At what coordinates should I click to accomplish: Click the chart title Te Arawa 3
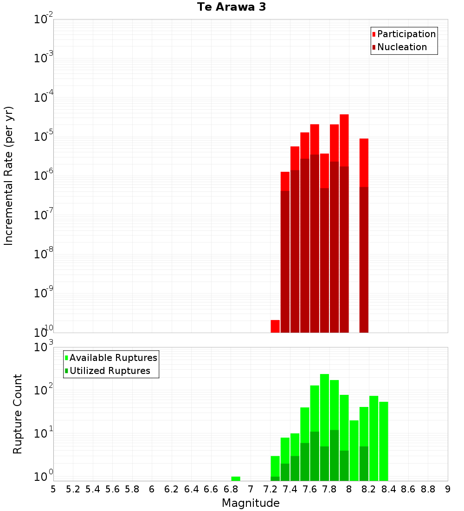click(232, 7)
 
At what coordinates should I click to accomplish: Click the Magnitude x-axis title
click(251, 503)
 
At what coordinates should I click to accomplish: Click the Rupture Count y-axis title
click(18, 413)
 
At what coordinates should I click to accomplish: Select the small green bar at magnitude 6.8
click(236, 478)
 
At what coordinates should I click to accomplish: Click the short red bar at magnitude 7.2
click(275, 326)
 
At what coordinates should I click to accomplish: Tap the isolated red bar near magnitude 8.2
click(364, 163)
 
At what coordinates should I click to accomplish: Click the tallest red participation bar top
click(344, 116)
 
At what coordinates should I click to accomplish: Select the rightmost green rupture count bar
click(384, 441)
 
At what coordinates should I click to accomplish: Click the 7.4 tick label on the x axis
click(290, 489)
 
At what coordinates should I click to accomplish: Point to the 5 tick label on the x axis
click(53, 489)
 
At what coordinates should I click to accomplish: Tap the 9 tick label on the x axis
click(448, 489)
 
